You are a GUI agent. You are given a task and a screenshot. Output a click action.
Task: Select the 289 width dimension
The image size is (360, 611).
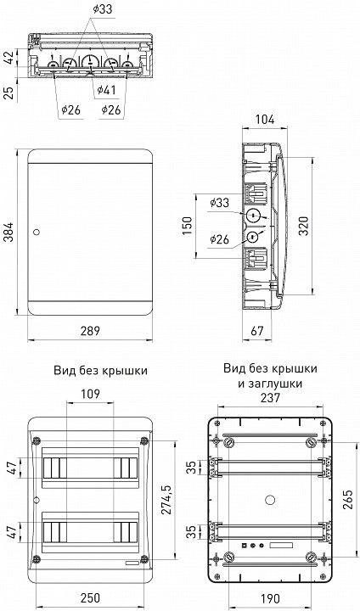coord(92,331)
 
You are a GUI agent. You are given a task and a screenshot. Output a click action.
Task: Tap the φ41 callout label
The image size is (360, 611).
coord(107,90)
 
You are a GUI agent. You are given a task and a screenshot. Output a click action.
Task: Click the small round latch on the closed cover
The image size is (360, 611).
coord(36,232)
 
